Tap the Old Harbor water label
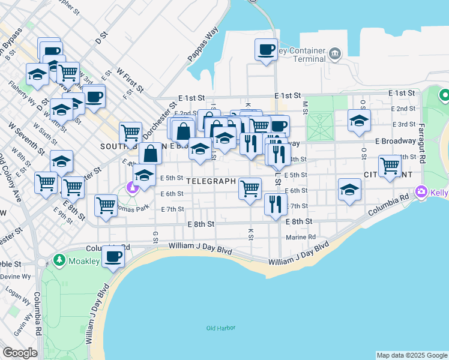pos(221,328)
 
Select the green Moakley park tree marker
pos(59,260)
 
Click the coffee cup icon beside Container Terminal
pos(266,50)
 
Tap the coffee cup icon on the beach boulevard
pos(113,257)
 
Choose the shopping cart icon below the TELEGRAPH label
pos(250,188)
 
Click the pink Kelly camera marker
pos(422,191)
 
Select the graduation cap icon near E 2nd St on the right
pos(359,121)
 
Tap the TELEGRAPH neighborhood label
pos(211,180)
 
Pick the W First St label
pos(130,80)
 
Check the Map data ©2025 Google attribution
pos(411,355)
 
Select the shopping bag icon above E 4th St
pos(150,154)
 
